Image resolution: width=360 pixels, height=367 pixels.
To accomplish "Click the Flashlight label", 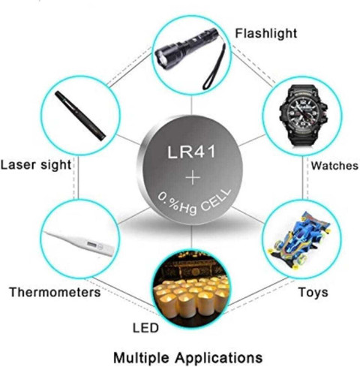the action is (x=266, y=34).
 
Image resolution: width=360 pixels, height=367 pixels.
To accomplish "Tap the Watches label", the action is (x=334, y=166).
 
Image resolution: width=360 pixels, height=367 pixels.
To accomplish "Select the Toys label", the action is (x=313, y=292).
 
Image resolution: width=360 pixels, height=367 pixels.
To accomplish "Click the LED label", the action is (x=145, y=328).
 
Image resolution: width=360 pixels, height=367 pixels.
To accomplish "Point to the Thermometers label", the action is (x=55, y=292).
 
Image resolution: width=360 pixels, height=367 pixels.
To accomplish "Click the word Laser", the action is (x=18, y=165).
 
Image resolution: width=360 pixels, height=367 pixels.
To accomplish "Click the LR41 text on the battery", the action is (x=191, y=152).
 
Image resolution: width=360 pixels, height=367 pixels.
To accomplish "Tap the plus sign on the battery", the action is (x=193, y=177).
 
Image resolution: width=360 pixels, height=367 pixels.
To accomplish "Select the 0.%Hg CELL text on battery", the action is (x=194, y=203).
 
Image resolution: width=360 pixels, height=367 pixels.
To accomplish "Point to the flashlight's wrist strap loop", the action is (x=214, y=67).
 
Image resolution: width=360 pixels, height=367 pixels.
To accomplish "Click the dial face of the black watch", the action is (x=303, y=113).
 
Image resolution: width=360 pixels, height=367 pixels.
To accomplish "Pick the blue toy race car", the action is (x=299, y=241).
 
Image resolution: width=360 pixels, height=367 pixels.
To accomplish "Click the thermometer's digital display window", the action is (x=91, y=244).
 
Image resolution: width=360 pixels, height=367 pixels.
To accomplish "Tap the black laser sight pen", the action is (x=80, y=116).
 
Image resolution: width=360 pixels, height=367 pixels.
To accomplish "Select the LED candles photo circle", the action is (x=191, y=287).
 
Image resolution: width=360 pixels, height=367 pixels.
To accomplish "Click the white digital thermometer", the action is (x=79, y=243).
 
